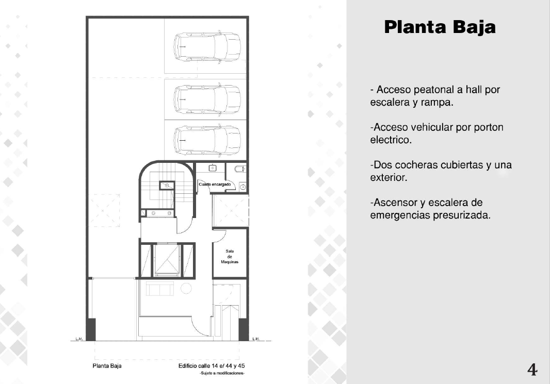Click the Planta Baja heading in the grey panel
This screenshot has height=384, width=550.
(x=440, y=27)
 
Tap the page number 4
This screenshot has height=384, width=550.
(x=532, y=370)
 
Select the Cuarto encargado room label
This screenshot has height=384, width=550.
(x=215, y=185)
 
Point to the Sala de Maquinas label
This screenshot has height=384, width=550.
(x=230, y=257)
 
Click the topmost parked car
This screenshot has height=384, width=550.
(x=207, y=47)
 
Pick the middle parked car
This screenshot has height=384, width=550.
(x=207, y=99)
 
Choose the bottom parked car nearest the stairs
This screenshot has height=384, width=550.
(x=207, y=140)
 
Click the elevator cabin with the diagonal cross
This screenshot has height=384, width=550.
(x=167, y=259)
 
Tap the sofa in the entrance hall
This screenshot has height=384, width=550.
(x=159, y=289)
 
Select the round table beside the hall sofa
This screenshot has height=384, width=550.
(x=186, y=288)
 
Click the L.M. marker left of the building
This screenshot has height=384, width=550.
(x=79, y=339)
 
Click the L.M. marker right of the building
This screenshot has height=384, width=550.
(x=256, y=339)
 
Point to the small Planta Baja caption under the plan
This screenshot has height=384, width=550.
(x=107, y=366)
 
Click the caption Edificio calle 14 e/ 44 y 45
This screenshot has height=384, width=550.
(x=212, y=366)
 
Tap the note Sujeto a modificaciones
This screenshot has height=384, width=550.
(x=222, y=374)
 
